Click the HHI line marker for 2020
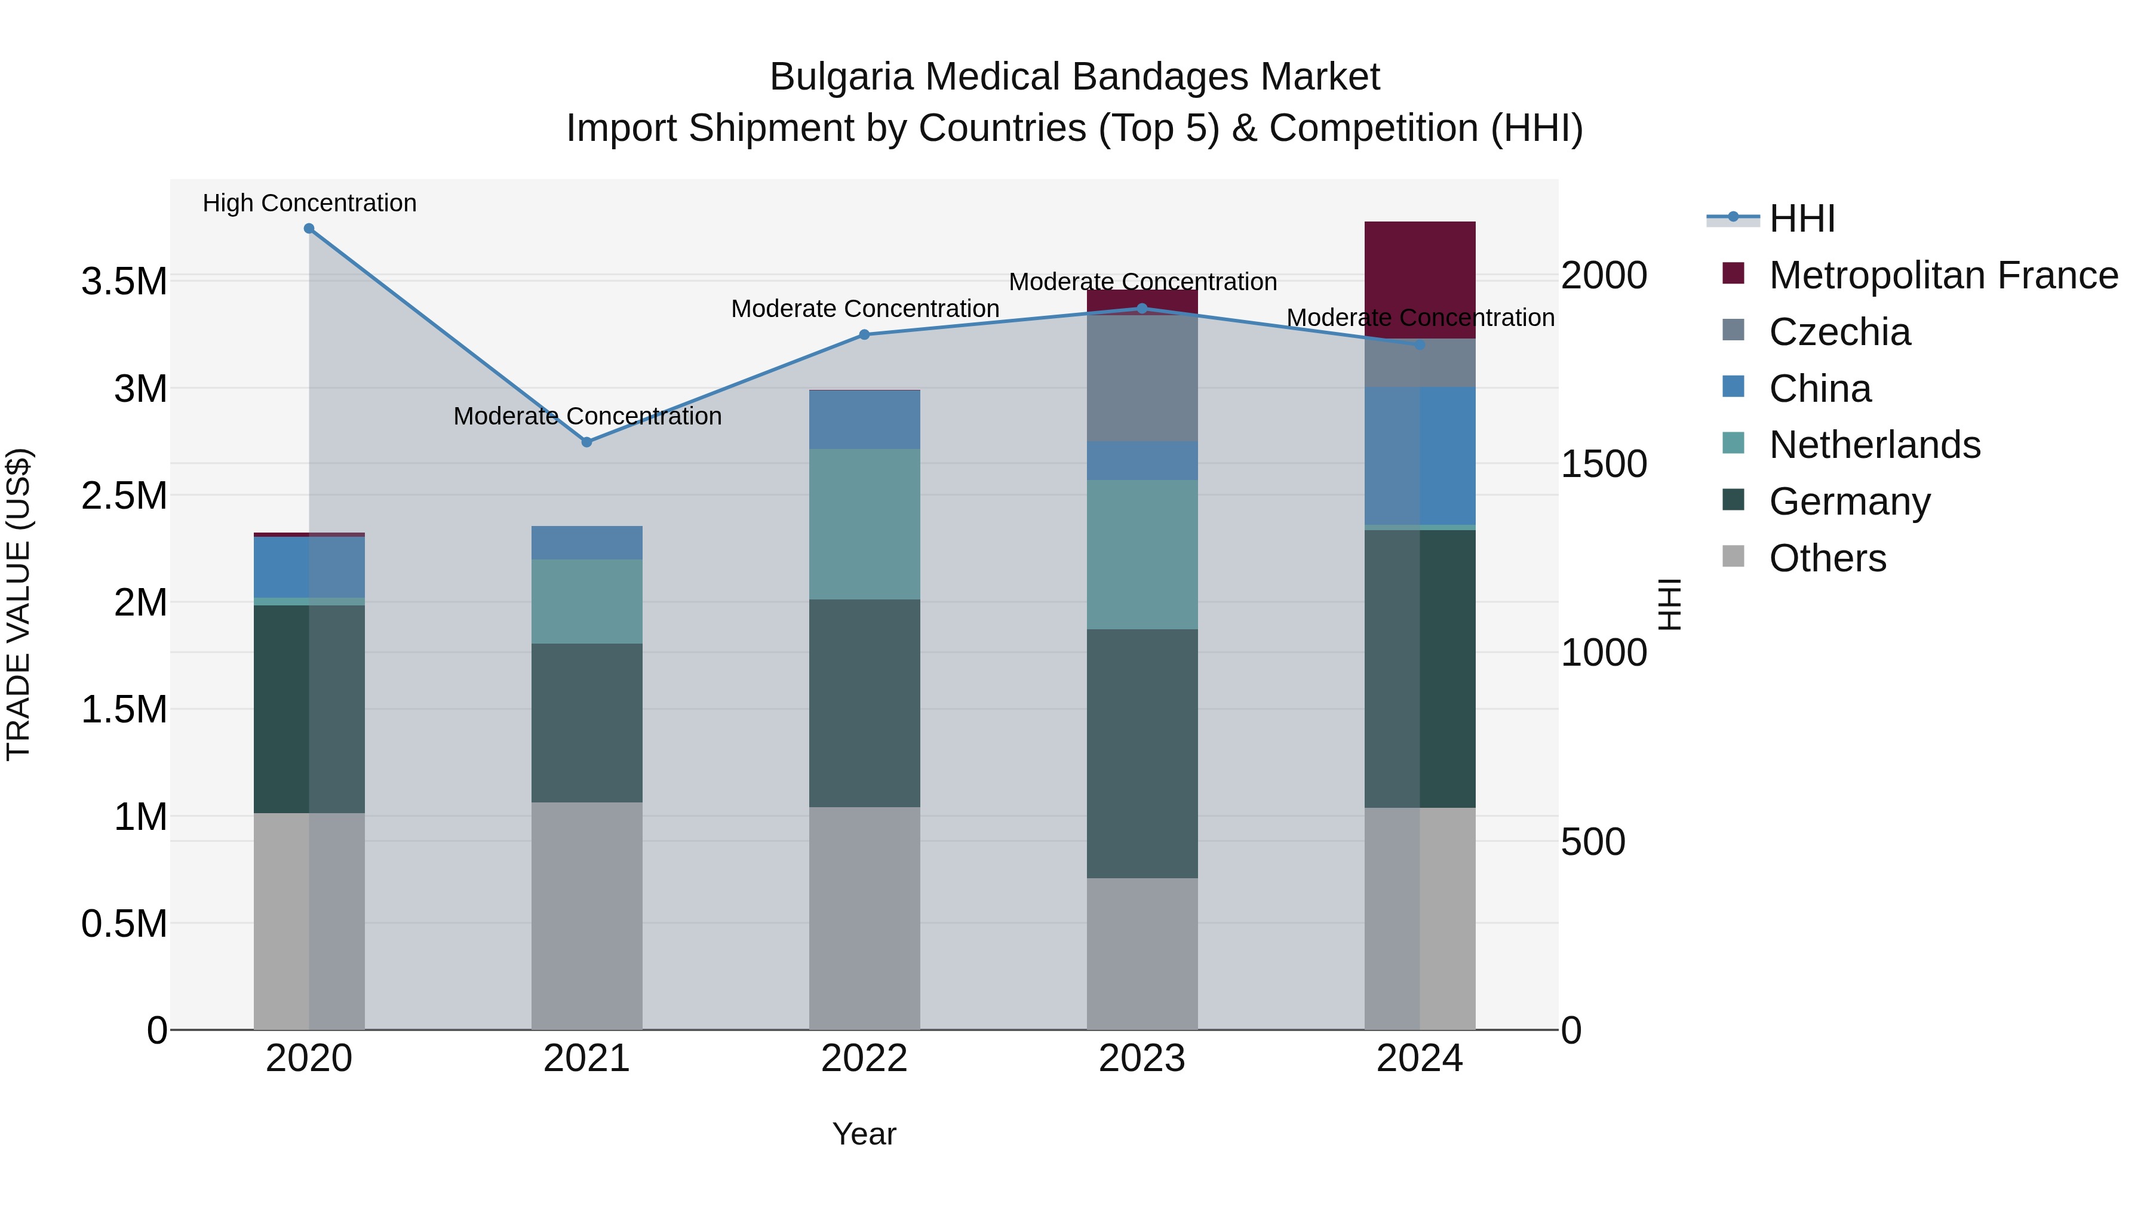[309, 229]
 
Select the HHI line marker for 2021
[586, 442]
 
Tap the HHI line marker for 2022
[865, 334]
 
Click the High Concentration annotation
[309, 203]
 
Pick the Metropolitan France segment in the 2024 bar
[1420, 279]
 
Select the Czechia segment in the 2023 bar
[1142, 378]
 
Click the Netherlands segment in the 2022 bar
[865, 524]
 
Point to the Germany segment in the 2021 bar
[586, 722]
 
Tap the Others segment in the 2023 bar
[1142, 953]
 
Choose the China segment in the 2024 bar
[1420, 456]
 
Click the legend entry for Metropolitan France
[1943, 275]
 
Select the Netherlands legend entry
[1875, 445]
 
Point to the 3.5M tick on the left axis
[124, 282]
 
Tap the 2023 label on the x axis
[1142, 1059]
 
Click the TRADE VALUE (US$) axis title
[19, 604]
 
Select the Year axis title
[864, 1134]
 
